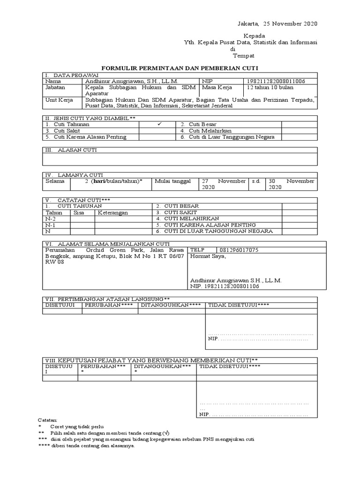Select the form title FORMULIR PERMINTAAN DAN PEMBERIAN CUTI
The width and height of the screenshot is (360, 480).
(x=180, y=68)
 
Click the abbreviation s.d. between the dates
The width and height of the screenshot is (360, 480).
(x=256, y=181)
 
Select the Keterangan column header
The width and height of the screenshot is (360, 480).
(x=112, y=212)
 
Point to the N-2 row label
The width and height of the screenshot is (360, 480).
(x=50, y=218)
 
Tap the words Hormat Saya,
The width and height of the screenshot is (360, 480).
(x=208, y=256)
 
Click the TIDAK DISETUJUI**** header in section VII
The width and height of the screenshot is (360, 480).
(x=232, y=305)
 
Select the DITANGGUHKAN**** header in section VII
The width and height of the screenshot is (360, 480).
(x=171, y=305)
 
